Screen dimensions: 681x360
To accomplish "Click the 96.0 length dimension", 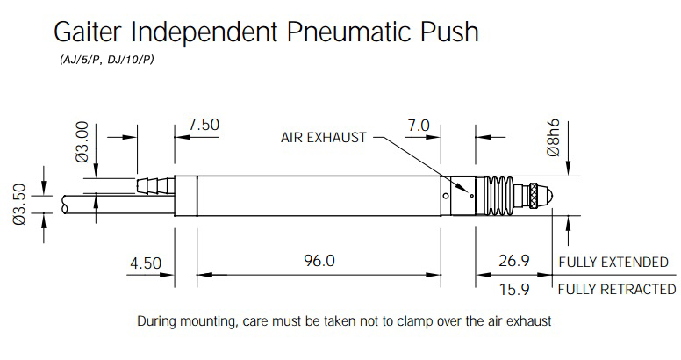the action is [x=319, y=261].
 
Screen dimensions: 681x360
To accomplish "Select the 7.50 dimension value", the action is [x=204, y=125].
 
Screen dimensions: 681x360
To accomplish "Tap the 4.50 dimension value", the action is [x=146, y=263].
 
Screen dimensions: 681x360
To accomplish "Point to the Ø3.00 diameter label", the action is [x=82, y=142].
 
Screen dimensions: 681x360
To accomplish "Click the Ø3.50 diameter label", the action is [x=20, y=205].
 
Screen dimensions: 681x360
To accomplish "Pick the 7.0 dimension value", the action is [x=419, y=126].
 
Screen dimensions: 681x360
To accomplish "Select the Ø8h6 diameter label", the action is [x=554, y=138].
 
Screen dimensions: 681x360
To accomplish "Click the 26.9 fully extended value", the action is [x=513, y=261].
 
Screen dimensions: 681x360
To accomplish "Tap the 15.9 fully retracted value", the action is [x=514, y=289].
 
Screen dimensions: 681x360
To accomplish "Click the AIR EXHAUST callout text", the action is [x=324, y=137].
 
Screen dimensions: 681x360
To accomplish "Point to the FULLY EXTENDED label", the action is [x=613, y=263].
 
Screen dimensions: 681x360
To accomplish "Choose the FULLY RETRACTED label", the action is [x=617, y=289].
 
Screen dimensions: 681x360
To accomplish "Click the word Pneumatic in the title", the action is [x=348, y=32].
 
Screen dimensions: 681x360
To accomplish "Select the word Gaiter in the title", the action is [x=89, y=32].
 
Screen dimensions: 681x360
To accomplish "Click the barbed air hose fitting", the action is [x=155, y=185].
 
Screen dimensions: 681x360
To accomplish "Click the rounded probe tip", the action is [x=547, y=195].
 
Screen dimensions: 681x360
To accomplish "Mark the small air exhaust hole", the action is [x=472, y=196].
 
